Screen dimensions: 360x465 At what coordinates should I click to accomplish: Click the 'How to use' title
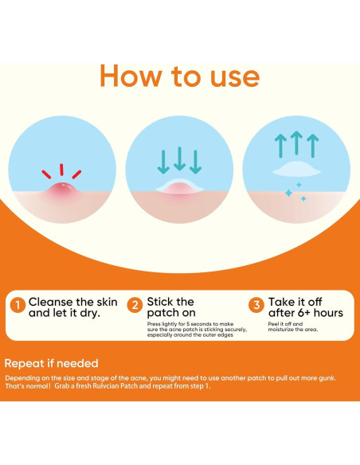[180, 76]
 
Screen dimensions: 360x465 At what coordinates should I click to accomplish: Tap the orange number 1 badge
[18, 305]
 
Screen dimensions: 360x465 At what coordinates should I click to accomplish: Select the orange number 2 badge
[135, 305]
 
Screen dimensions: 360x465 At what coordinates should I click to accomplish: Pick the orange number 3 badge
[256, 305]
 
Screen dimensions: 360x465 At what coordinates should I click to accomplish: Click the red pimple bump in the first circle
[61, 190]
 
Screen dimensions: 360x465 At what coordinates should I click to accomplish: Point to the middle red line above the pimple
[61, 170]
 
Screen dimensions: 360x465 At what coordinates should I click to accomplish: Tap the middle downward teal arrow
[179, 158]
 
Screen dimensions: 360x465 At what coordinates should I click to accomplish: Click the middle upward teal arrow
[296, 143]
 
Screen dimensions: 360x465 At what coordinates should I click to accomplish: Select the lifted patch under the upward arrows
[296, 169]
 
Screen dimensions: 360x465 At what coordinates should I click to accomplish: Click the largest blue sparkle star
[288, 193]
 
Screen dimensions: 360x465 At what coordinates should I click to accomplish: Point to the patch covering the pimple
[180, 187]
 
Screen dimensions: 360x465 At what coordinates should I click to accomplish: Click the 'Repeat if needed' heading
[51, 363]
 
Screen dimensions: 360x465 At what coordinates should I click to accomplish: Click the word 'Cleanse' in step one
[51, 302]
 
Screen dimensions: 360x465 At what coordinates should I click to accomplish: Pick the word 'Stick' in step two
[160, 302]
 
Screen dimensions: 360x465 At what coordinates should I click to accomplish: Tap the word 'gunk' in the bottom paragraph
[327, 378]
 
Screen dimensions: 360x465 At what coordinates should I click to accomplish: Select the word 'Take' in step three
[281, 302]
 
